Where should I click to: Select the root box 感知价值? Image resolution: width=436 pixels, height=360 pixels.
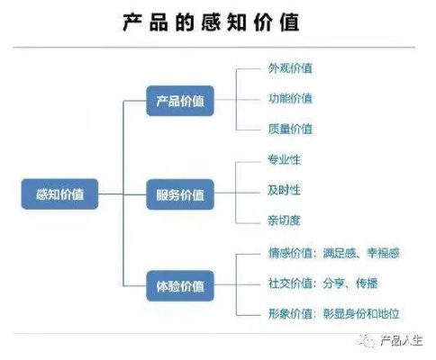tap(59, 193)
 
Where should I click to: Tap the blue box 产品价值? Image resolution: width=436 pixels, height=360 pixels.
tap(180, 102)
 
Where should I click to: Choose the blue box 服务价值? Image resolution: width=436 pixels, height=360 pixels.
tap(180, 193)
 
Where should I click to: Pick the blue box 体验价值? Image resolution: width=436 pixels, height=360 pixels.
tap(180, 287)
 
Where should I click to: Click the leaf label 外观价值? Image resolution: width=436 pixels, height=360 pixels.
tap(290, 68)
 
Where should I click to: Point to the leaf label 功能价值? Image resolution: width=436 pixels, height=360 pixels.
tap(290, 98)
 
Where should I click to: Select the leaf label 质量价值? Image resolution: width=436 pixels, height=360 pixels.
tap(290, 128)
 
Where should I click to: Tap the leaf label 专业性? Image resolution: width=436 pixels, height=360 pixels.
tap(284, 160)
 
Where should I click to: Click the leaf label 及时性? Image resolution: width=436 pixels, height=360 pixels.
tap(284, 190)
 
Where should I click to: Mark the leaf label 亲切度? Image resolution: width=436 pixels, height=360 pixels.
tap(284, 220)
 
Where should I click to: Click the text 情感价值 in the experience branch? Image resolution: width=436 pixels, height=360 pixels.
tap(289, 253)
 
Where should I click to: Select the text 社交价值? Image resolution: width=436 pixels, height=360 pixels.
tap(289, 283)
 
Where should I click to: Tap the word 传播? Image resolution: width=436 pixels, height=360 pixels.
tap(366, 283)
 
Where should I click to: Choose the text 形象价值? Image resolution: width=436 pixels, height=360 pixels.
tap(289, 312)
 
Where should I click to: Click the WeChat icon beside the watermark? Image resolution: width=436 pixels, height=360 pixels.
tap(367, 340)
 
